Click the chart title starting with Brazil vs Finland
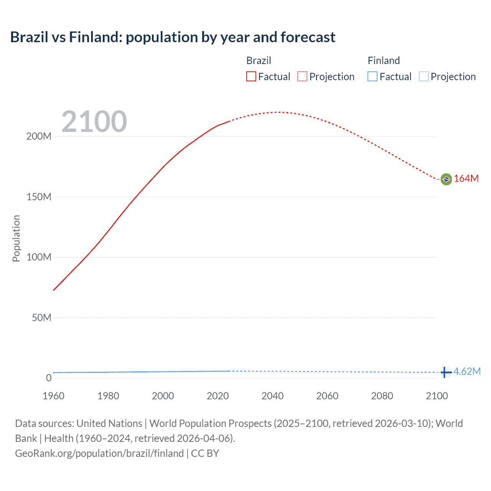[173, 37]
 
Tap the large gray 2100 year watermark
[94, 122]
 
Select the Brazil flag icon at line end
[446, 179]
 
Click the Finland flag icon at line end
[446, 372]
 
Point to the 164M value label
[466, 179]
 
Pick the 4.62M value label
[467, 371]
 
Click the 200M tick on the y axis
[39, 137]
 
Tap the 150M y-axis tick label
[39, 197]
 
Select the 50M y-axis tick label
[41, 318]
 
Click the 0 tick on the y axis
[49, 378]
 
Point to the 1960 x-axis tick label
[53, 396]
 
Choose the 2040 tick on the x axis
[272, 396]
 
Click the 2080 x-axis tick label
[382, 396]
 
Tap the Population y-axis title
[16, 238]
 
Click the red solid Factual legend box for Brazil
[251, 77]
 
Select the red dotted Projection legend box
[302, 77]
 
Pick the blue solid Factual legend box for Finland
[372, 77]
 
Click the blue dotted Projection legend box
[424, 77]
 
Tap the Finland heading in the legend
[384, 61]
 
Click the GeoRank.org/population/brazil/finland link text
[99, 453]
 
